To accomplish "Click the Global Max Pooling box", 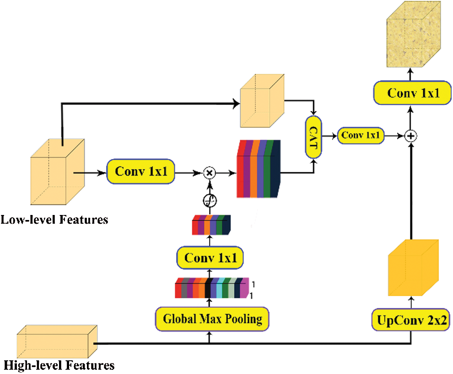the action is click(212, 319).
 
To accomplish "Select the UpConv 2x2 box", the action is click(411, 320).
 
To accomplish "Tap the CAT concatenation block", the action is click(313, 137).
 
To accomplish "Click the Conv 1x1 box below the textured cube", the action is click(413, 93).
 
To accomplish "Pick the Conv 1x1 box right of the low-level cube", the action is click(140, 171).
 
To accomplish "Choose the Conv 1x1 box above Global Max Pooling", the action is click(210, 258).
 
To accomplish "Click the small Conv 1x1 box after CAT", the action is click(361, 136).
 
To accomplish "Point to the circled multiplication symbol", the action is click(210, 173).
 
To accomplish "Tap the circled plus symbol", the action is click(410, 136).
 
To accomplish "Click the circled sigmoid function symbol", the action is click(210, 201).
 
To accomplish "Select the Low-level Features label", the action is click(54, 220).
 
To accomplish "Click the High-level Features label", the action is click(59, 365).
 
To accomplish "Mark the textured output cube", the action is click(414, 34).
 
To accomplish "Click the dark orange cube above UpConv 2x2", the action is click(414, 268).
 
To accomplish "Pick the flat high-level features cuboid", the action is click(57, 341).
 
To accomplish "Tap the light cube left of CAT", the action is click(262, 101).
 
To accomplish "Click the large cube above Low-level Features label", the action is click(58, 172).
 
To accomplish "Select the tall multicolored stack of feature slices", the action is click(259, 169).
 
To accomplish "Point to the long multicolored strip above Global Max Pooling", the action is click(212, 288).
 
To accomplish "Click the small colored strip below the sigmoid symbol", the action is click(211, 225).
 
